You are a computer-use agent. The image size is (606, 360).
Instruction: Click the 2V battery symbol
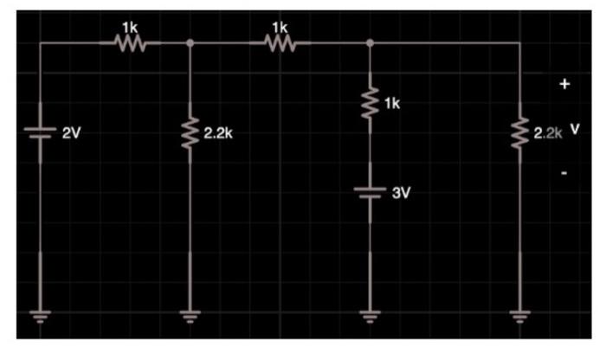pos(40,132)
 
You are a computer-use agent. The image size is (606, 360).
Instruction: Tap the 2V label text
pos(71,134)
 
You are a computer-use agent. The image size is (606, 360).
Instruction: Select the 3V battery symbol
pos(370,192)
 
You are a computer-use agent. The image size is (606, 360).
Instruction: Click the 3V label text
pos(400,192)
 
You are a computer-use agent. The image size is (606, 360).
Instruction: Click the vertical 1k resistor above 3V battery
pos(370,105)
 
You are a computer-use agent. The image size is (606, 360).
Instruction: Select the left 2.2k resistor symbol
pos(190,134)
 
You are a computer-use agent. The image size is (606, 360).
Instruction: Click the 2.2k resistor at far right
pos(519,134)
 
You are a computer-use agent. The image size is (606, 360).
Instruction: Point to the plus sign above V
pos(564,85)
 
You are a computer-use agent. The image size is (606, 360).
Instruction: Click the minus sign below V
pos(564,173)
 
